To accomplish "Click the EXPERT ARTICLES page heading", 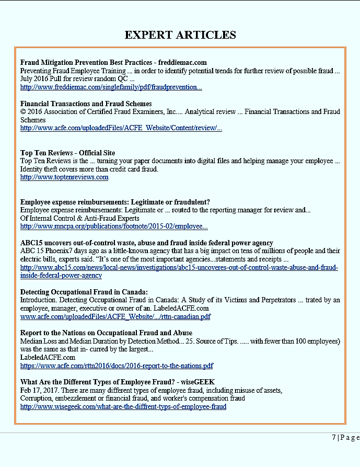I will (180, 35).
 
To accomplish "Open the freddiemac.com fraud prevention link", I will (111, 87).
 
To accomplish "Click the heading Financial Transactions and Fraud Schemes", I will (86, 104).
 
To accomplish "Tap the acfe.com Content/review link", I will (121, 128).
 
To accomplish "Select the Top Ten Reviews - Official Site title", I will (67, 153).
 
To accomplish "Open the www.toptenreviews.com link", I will (64, 177).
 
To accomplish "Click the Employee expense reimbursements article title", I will (114, 202).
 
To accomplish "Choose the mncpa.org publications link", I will (114, 226).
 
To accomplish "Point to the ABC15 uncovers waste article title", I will (146, 243).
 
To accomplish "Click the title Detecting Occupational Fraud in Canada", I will (84, 292).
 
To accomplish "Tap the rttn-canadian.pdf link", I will (115, 316).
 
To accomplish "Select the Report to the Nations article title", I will (106, 333).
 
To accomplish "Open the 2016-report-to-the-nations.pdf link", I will (117, 366).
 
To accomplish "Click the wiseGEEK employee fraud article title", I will (117, 382).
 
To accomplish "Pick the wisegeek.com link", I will (123, 406).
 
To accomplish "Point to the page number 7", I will (334, 437).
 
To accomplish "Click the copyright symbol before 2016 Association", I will (23, 112).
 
